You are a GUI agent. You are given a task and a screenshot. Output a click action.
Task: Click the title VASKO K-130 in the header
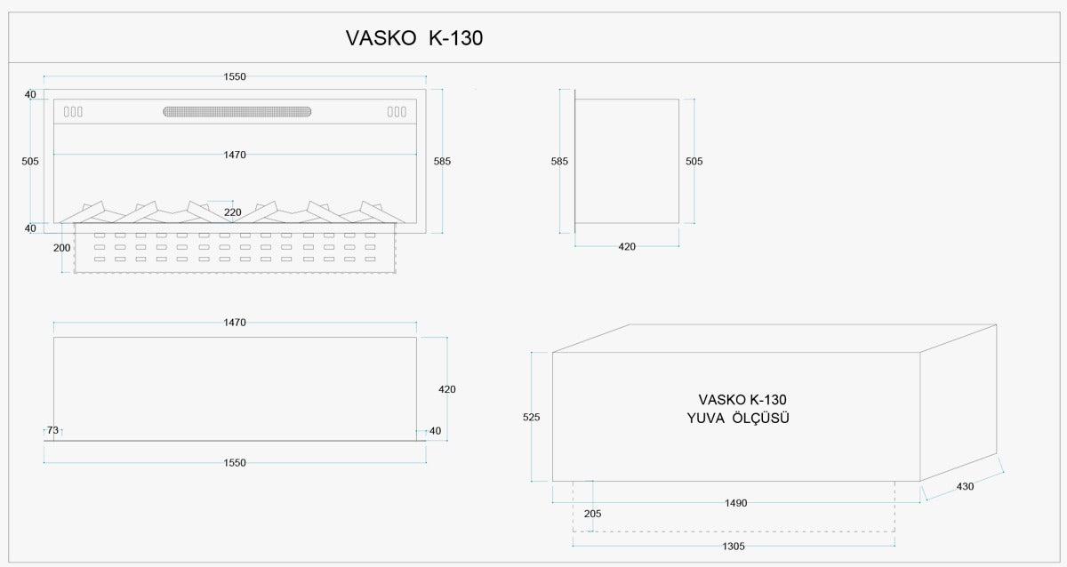tap(413, 38)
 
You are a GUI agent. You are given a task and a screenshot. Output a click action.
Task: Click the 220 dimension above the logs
tap(233, 212)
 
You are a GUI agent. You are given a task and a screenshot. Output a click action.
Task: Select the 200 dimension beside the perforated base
tap(61, 247)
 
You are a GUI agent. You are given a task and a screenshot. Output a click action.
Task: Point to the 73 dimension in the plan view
tap(52, 431)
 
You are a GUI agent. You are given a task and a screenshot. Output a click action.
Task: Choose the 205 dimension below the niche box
tap(592, 513)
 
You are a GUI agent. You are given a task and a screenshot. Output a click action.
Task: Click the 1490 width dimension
tap(735, 503)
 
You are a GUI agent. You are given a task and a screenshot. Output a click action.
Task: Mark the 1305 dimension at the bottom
tap(734, 546)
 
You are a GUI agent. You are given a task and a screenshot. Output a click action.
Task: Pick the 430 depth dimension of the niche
tap(966, 486)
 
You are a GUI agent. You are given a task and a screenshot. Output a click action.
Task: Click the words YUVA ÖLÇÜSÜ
tap(738, 418)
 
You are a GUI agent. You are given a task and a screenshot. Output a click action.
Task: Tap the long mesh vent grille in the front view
tap(237, 112)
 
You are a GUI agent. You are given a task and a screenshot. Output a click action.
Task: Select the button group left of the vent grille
tap(73, 112)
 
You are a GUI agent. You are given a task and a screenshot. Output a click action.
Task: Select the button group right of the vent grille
tap(397, 112)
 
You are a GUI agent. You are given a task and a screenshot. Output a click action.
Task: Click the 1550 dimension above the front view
tap(235, 77)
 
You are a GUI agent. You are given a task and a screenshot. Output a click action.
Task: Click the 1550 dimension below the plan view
tap(235, 462)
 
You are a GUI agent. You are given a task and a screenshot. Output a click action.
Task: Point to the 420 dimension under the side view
tap(627, 246)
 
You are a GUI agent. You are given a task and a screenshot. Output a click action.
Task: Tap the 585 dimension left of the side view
tap(559, 161)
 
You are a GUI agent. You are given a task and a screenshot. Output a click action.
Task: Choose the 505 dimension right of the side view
tap(694, 161)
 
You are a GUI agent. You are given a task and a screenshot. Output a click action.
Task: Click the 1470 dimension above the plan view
tap(235, 323)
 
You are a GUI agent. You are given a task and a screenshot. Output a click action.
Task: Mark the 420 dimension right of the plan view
tap(447, 388)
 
